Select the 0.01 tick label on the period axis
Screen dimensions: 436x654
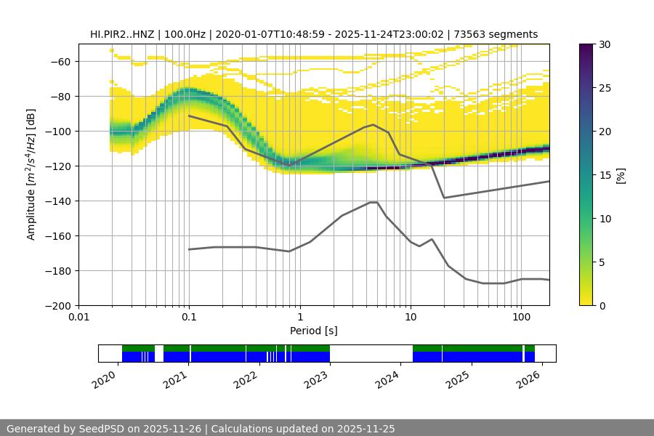[x=78, y=317]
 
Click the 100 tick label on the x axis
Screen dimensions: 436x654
[x=520, y=317]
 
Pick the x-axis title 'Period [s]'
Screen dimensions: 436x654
[x=314, y=331]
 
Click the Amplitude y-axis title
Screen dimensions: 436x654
[x=31, y=174]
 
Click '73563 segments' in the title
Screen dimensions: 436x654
[x=498, y=34]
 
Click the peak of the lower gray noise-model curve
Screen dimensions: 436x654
[x=374, y=202]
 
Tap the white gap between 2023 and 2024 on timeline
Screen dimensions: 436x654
[x=371, y=353]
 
